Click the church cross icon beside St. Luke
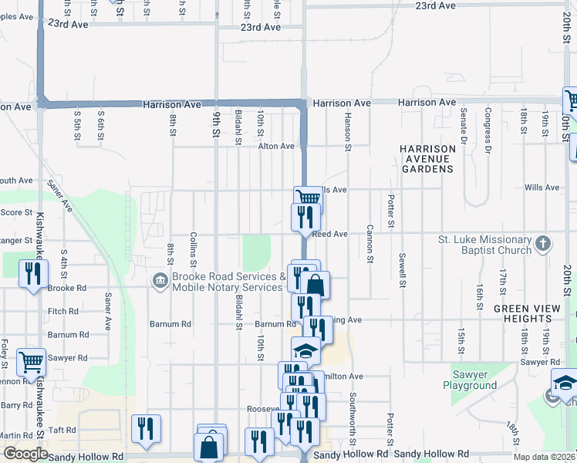(x=543, y=245)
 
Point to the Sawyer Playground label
(x=470, y=380)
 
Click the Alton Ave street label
(x=276, y=146)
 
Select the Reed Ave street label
(x=330, y=234)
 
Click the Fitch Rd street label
(x=63, y=312)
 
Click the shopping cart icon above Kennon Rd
(x=32, y=361)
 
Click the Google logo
(x=25, y=454)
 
